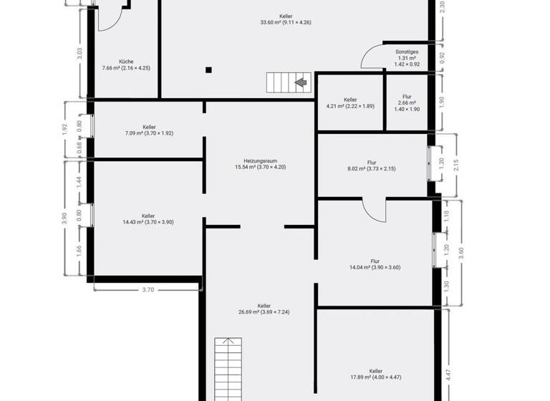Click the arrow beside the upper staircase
(301, 83)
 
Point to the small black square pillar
(208, 70)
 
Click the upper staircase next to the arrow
(280, 83)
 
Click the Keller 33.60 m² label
(286, 19)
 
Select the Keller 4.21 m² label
(350, 103)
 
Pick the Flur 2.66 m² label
(407, 103)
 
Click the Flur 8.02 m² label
(372, 165)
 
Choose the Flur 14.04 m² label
(375, 264)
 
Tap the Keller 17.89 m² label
(376, 375)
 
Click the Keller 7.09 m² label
(149, 130)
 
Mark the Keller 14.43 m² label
(148, 218)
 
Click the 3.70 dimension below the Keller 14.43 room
(148, 290)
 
